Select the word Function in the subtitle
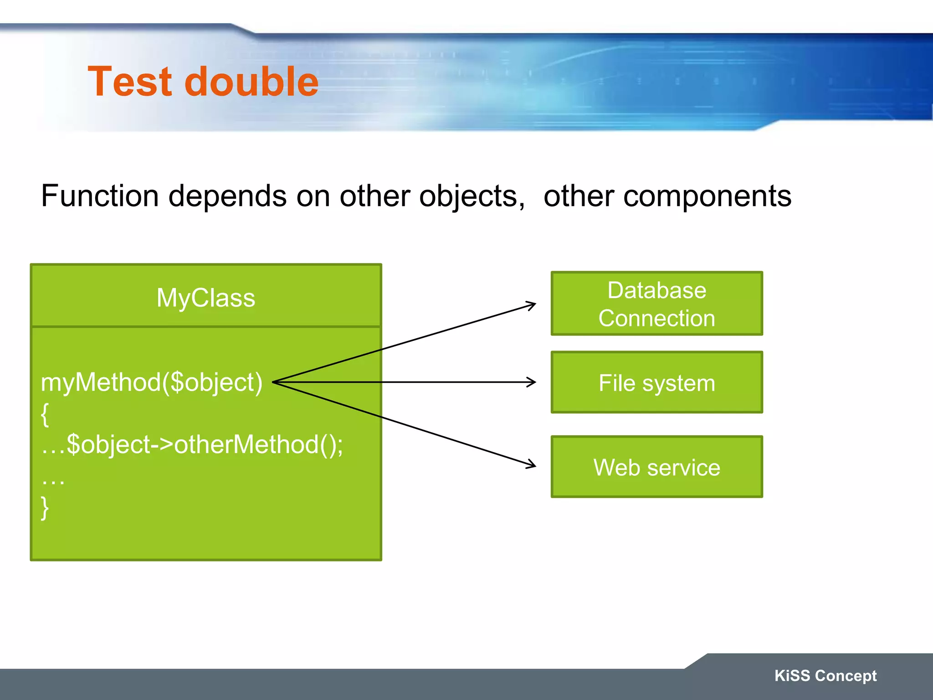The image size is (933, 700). click(100, 196)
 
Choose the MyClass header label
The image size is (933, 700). click(206, 298)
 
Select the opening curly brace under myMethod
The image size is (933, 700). click(45, 414)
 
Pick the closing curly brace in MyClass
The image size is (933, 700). click(45, 507)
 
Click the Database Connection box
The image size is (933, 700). click(656, 304)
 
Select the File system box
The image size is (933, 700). click(656, 382)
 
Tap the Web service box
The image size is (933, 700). click(656, 467)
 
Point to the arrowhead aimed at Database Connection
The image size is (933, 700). click(532, 304)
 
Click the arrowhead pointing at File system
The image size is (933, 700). click(533, 382)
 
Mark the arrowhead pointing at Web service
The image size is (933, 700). click(532, 465)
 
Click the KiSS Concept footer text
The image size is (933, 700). click(825, 675)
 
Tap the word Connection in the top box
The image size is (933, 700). click(656, 318)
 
